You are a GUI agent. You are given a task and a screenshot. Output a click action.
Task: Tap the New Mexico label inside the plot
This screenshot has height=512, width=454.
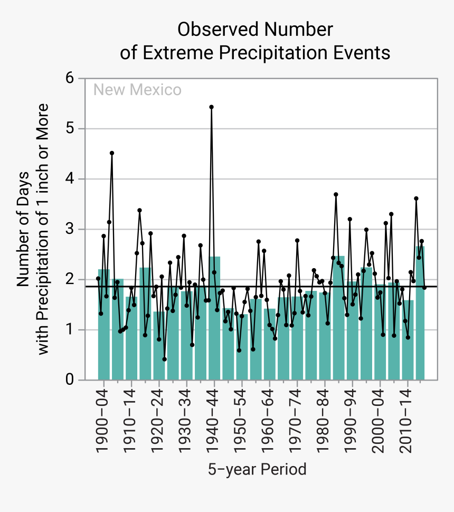[137, 90]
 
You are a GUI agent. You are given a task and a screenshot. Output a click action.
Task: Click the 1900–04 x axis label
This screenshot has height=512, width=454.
[103, 420]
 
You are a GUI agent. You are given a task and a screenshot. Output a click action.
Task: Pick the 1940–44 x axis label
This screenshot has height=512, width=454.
[214, 420]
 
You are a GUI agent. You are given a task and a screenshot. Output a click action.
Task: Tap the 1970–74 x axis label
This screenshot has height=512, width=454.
[297, 420]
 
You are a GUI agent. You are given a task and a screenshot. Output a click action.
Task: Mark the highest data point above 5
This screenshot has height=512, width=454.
[211, 107]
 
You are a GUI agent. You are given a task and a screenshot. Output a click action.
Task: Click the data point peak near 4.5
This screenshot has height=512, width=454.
[112, 153]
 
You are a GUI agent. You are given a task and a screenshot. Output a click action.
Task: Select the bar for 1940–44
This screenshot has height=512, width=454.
[214, 317]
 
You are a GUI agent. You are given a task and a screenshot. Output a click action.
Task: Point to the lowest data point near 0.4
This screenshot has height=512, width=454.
[164, 359]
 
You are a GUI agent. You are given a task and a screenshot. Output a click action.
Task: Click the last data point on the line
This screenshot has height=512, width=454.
[424, 288]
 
